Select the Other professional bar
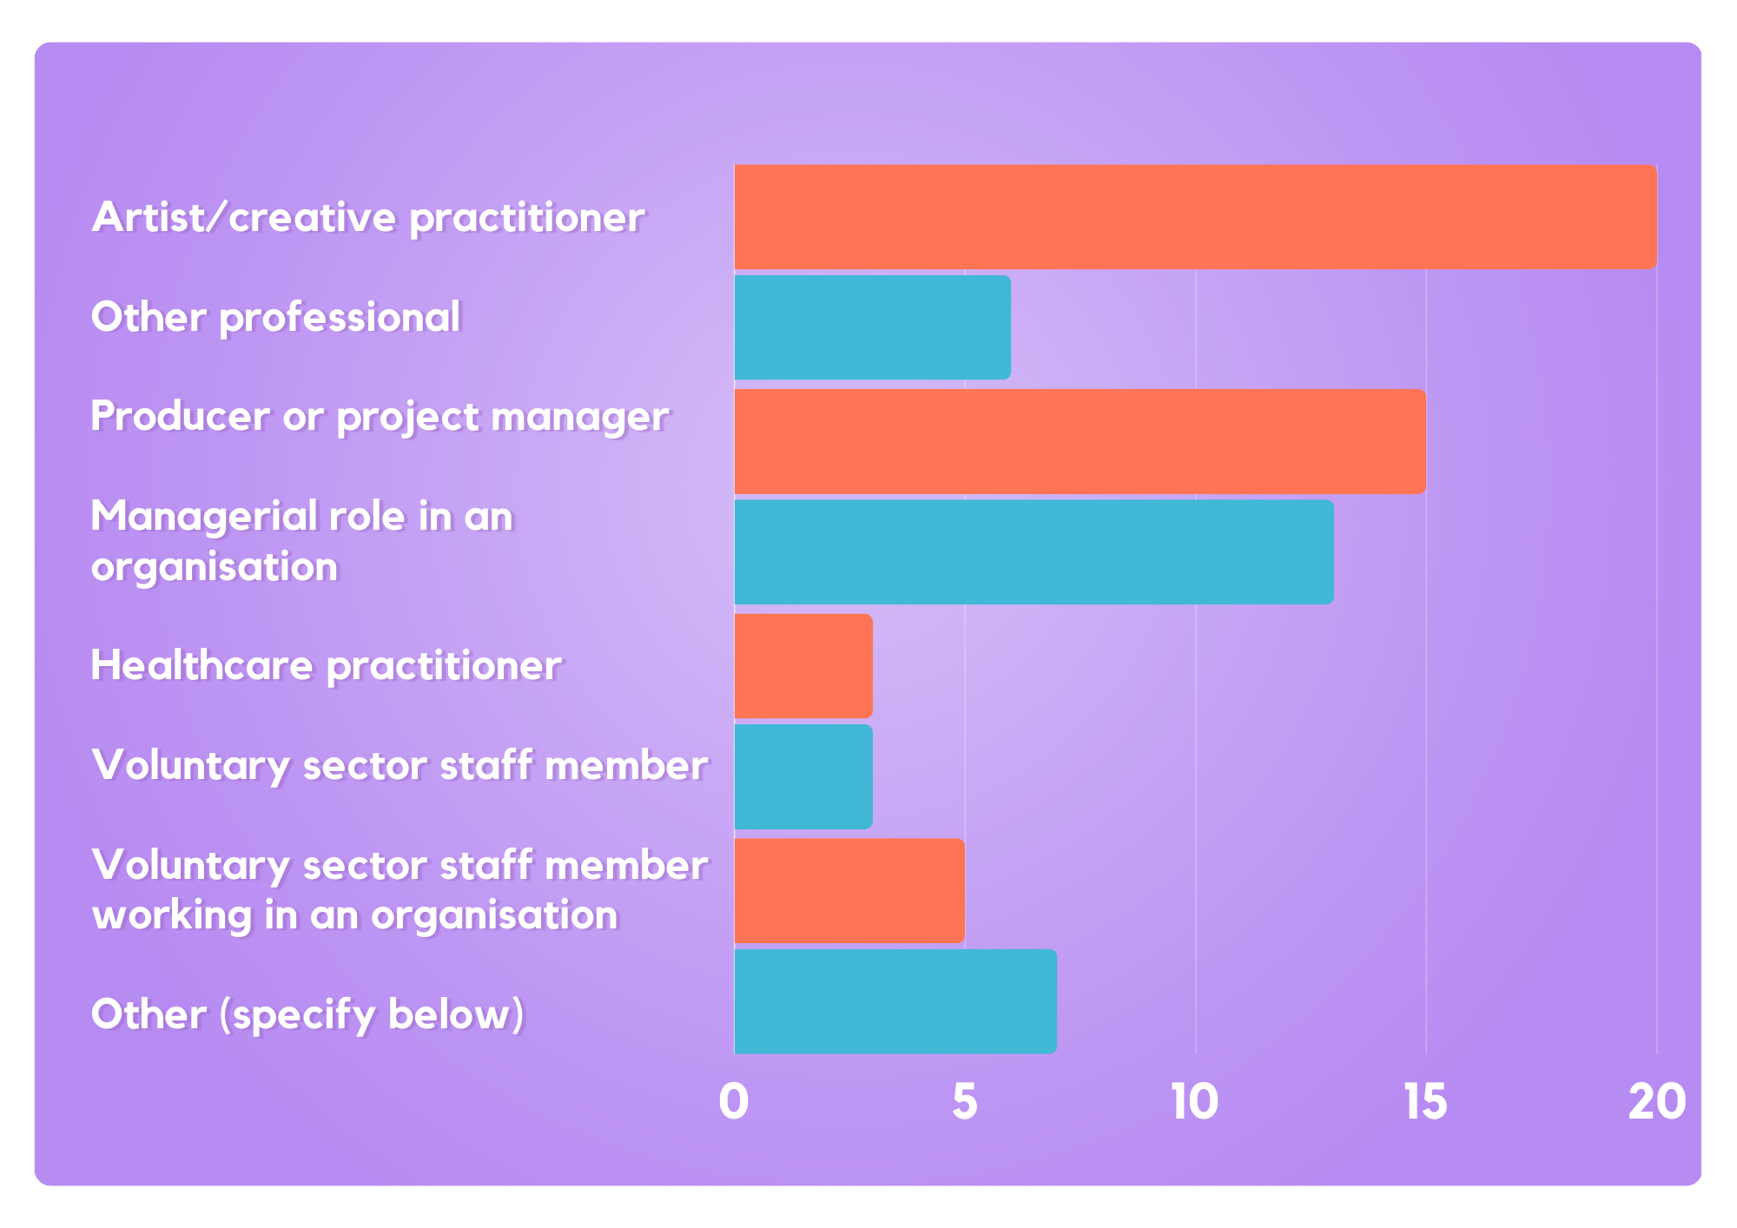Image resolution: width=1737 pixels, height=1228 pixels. click(x=872, y=327)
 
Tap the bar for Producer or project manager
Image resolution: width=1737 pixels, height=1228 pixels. click(x=1080, y=441)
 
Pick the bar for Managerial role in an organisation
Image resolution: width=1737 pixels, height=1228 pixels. click(x=1034, y=551)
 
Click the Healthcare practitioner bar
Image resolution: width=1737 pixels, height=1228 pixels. click(x=803, y=666)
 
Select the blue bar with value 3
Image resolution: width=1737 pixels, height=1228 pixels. click(x=803, y=776)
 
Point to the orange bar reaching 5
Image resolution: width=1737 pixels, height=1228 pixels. click(x=849, y=890)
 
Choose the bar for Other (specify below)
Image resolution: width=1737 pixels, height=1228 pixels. click(x=895, y=1001)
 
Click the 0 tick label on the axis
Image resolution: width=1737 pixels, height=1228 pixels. click(x=734, y=1102)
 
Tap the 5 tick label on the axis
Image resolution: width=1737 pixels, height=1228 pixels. click(x=965, y=1102)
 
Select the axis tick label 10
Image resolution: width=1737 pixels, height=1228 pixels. click(x=1195, y=1102)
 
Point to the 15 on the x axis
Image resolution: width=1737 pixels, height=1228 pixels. click(x=1426, y=1102)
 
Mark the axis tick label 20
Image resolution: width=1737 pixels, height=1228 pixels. click(x=1657, y=1102)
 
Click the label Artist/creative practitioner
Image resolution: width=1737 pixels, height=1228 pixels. click(x=368, y=217)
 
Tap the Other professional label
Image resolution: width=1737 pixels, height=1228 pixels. click(x=276, y=317)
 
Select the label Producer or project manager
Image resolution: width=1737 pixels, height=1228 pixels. click(x=380, y=417)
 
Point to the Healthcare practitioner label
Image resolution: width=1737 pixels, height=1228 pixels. click(x=327, y=666)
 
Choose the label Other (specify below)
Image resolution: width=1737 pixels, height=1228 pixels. click(x=308, y=1014)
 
